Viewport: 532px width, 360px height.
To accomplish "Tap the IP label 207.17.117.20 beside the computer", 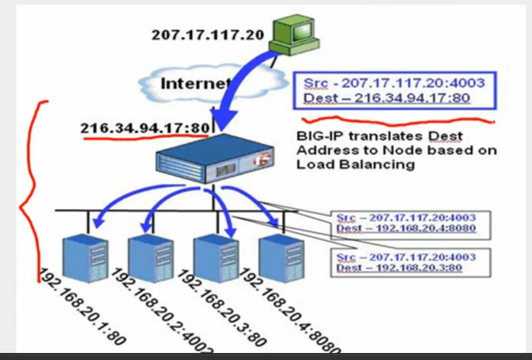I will pyautogui.click(x=208, y=36).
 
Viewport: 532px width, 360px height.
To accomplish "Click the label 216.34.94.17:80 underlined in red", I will pyautogui.click(x=144, y=129).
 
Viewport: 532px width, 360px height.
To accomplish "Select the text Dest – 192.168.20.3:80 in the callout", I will pyautogui.click(x=399, y=267).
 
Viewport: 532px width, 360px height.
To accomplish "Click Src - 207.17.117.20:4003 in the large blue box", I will pyautogui.click(x=394, y=83).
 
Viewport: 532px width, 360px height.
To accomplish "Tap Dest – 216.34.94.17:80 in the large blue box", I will pyautogui.click(x=387, y=98).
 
